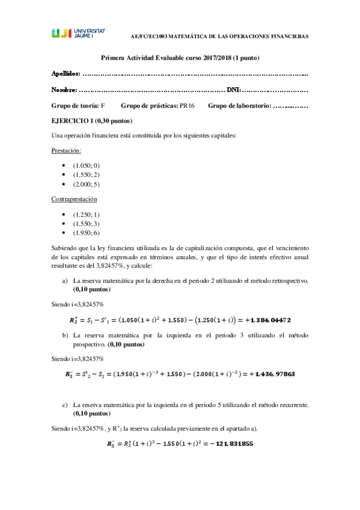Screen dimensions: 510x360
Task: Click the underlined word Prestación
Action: coord(67,150)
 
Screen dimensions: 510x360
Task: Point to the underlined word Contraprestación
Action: coord(75,199)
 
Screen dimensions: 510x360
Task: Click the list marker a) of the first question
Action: coord(65,263)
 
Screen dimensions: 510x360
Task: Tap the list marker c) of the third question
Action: coord(65,405)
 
